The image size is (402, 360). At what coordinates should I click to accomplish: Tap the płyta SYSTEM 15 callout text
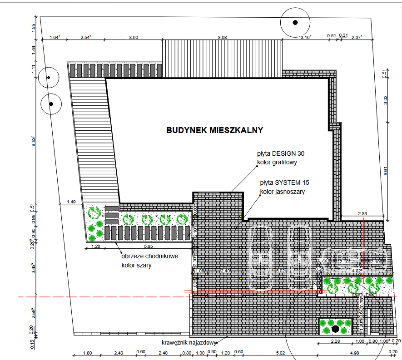(x=284, y=183)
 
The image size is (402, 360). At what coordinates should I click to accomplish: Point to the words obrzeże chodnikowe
(x=149, y=256)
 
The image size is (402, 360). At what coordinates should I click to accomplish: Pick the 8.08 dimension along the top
(x=222, y=37)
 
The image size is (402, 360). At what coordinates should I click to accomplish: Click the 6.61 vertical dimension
(x=386, y=171)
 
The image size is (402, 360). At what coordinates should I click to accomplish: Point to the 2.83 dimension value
(x=362, y=213)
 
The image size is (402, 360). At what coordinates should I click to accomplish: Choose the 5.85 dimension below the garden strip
(x=149, y=247)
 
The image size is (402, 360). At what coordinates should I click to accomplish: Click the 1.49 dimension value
(x=71, y=202)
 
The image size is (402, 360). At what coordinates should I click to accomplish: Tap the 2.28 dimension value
(x=335, y=341)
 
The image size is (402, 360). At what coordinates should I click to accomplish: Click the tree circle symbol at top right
(x=295, y=22)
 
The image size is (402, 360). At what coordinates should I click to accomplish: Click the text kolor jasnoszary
(x=282, y=192)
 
